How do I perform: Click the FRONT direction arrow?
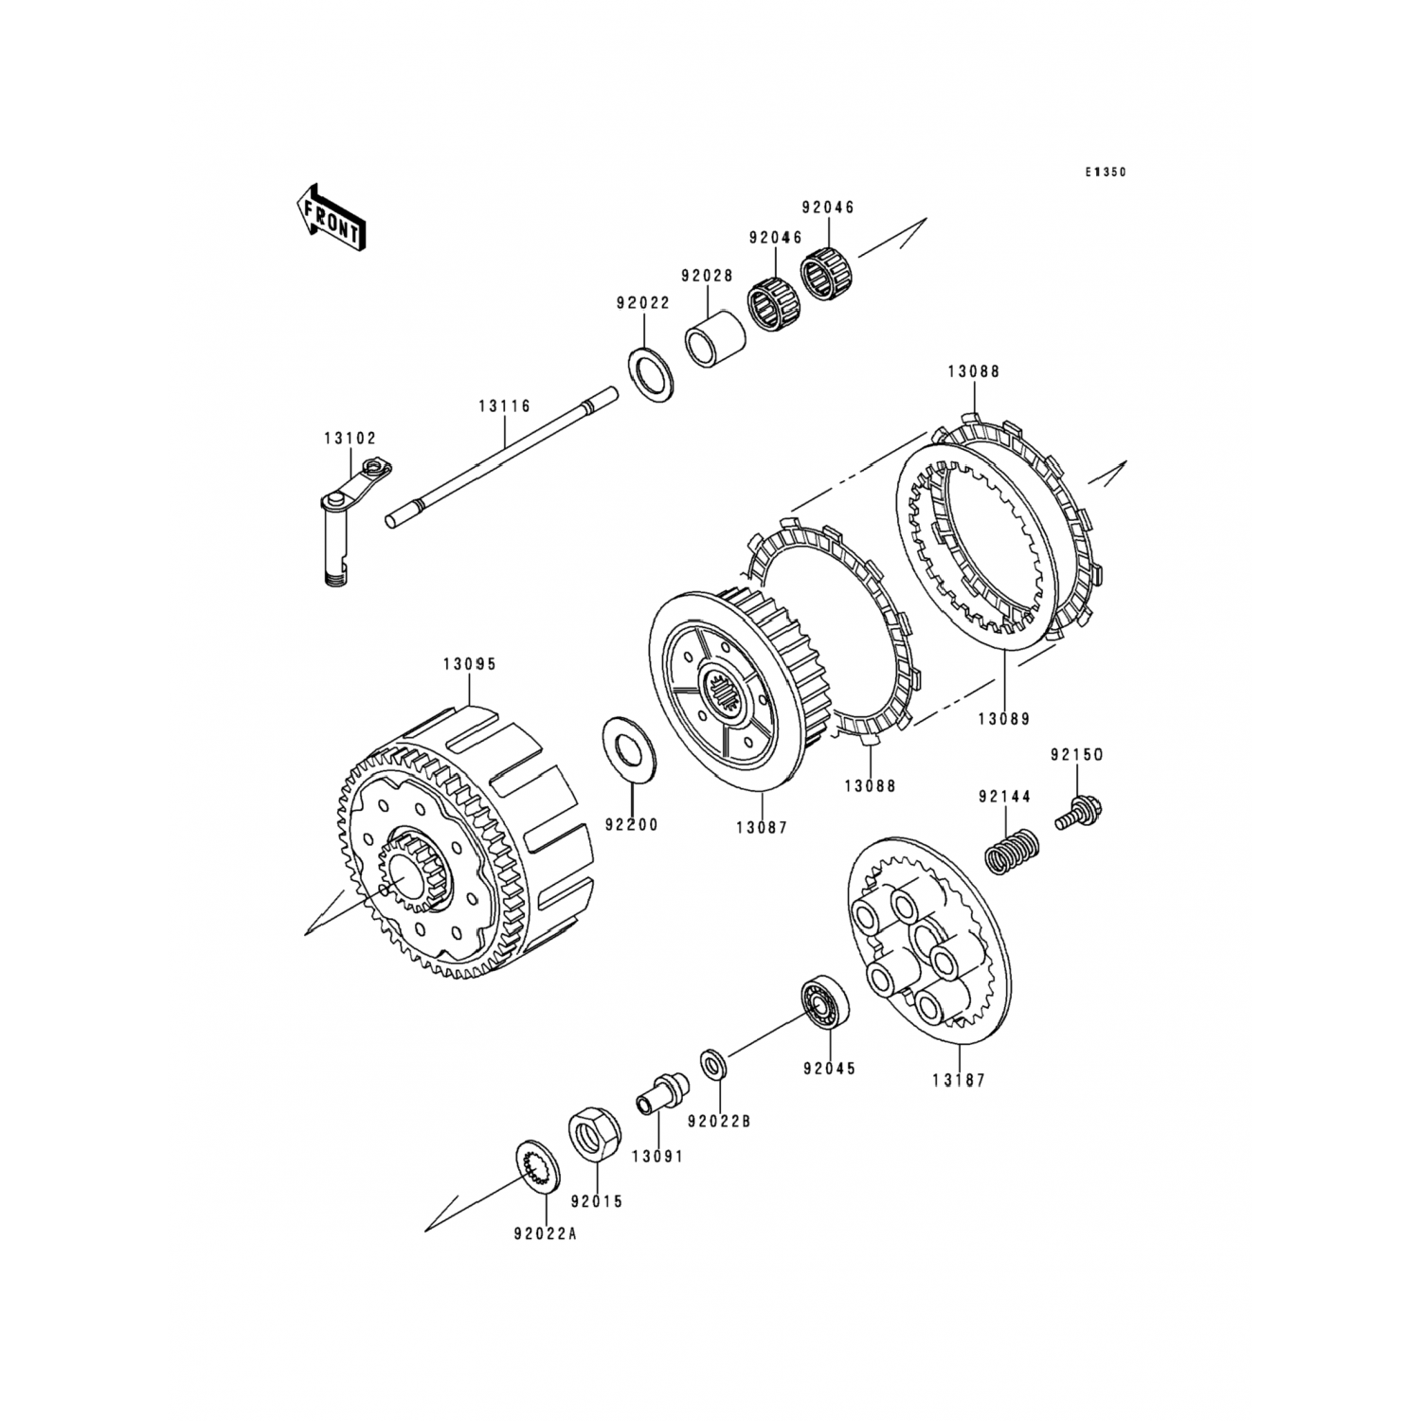pos(330,217)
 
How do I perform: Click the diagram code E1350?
pos(1106,172)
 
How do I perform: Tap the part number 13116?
pos(504,406)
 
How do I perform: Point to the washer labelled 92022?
pos(651,374)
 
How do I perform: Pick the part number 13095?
pos(469,664)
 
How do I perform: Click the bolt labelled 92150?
pos(1081,814)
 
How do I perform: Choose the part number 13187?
pos(958,1079)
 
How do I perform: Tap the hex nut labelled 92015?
pos(596,1133)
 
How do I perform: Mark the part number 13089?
pos(1004,719)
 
